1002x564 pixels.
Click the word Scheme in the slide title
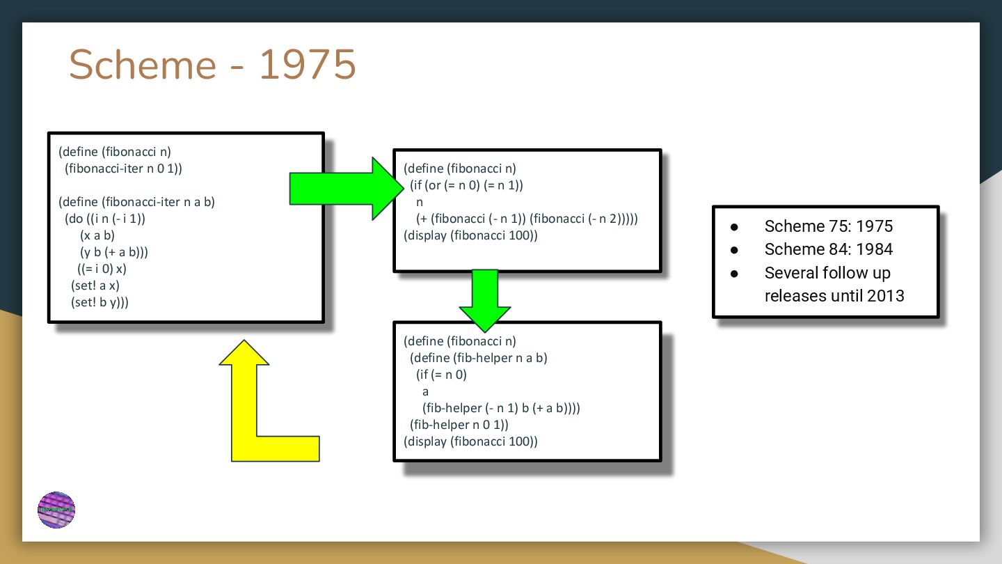tap(143, 65)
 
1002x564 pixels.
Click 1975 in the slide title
tap(307, 65)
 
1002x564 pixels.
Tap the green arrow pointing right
tap(341, 188)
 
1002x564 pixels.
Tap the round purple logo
tap(56, 510)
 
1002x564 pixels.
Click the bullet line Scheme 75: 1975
tap(828, 226)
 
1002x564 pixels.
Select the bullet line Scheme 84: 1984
tap(828, 249)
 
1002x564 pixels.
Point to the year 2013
tap(885, 295)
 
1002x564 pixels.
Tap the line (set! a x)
tap(95, 285)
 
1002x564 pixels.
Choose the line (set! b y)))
tap(100, 302)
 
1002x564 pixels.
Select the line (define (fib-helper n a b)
tap(479, 358)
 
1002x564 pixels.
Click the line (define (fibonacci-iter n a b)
tap(137, 202)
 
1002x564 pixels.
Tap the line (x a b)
tap(97, 235)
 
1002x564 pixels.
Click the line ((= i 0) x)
tap(102, 269)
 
